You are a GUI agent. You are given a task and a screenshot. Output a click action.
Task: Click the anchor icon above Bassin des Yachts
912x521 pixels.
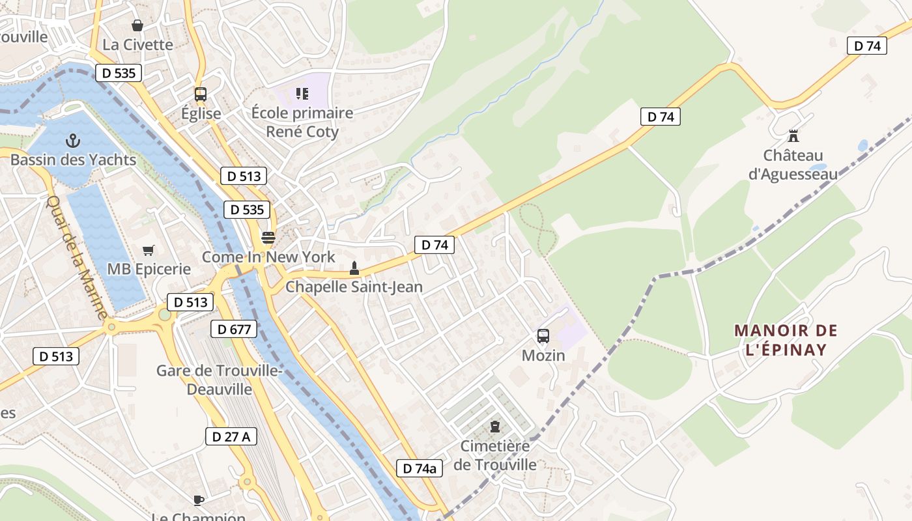73,140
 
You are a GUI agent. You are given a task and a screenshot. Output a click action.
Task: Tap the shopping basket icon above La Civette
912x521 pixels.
137,25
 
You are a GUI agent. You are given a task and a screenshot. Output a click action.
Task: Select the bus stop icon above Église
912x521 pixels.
201,94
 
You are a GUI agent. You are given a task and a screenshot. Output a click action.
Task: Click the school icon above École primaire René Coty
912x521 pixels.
302,94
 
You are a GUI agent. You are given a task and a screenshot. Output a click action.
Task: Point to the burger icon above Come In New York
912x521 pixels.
268,237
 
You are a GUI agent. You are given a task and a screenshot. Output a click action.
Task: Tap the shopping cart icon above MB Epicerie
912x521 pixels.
149,250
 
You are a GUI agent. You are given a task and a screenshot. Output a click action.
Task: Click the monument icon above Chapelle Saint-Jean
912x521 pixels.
354,267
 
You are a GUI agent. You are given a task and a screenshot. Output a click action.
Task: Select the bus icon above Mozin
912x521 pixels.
543,336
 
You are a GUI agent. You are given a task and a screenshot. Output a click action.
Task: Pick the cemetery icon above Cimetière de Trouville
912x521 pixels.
495,427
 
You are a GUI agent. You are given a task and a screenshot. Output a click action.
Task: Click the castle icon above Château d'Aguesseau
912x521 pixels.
793,136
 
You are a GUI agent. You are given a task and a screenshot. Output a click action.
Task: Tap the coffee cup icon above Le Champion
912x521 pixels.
199,500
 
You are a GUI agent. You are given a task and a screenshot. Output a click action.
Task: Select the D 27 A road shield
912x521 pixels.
231,436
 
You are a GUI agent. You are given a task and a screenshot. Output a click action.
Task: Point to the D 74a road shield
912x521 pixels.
420,468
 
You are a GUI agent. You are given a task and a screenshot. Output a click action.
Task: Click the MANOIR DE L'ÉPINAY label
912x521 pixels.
786,340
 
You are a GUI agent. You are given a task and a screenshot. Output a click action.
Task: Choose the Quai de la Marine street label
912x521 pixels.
77,257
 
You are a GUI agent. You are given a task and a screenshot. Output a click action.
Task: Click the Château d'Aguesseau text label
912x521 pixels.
793,165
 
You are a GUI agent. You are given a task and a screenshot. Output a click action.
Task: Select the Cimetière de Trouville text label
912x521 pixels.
495,455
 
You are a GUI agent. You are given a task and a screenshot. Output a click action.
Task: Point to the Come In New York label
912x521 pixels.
268,257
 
